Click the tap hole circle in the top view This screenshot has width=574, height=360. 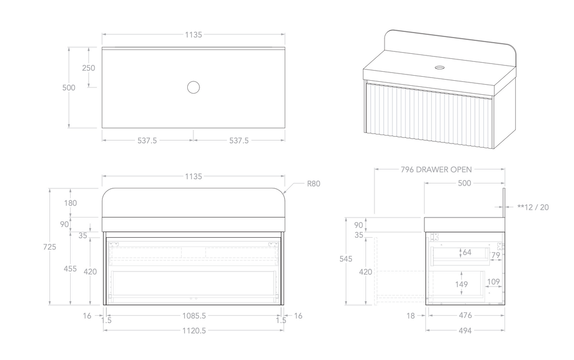click(x=193, y=87)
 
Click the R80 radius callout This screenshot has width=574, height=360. click(x=313, y=183)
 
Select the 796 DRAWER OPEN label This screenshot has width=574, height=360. click(x=436, y=169)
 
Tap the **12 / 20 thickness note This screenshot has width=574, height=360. click(x=533, y=207)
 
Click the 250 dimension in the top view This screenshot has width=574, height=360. click(x=89, y=68)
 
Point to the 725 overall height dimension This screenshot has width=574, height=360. click(x=50, y=247)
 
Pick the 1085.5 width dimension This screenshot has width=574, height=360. click(x=193, y=316)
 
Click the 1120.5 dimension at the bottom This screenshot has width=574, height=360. click(x=193, y=331)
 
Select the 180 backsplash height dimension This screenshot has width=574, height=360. click(x=71, y=203)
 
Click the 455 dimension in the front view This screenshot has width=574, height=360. click(x=70, y=269)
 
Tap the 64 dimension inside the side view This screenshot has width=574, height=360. click(x=467, y=252)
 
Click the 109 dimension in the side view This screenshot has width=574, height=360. click(x=494, y=281)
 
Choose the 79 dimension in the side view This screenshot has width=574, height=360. click(x=495, y=256)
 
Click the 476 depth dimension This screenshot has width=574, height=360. click(x=464, y=316)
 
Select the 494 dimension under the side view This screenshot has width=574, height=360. click(x=464, y=331)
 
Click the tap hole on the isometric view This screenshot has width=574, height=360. click(x=439, y=68)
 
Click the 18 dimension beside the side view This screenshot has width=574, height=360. click(x=410, y=316)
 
